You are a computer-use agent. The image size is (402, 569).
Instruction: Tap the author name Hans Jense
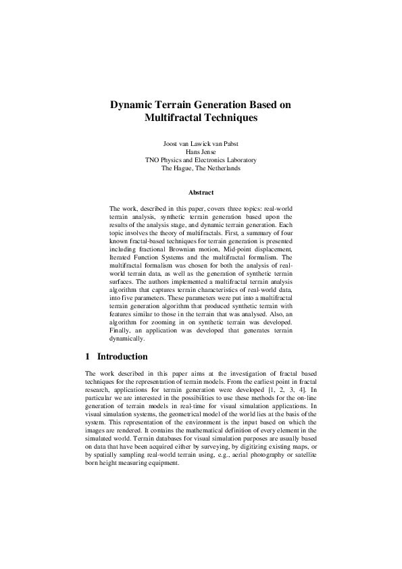point(201,152)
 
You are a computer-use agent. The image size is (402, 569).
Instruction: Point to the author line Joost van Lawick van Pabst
point(201,143)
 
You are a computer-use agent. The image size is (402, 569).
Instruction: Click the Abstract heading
point(201,193)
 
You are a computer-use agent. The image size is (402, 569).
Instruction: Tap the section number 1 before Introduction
point(88,356)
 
